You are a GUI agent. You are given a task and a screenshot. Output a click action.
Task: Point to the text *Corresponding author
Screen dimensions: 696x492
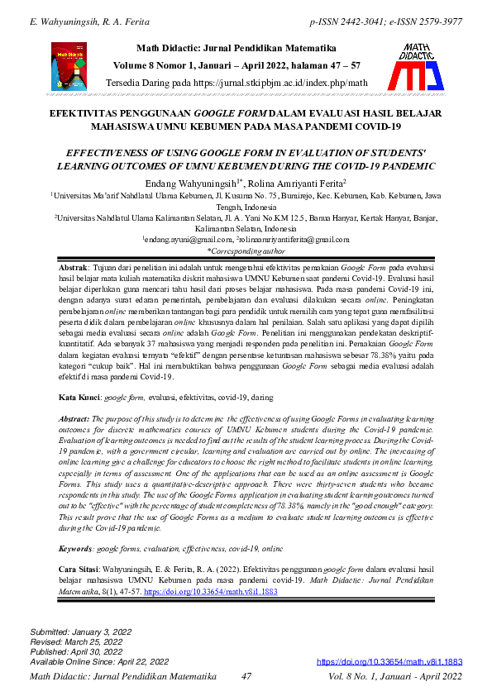point(246,250)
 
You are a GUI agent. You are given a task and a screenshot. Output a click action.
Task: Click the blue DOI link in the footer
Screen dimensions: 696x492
point(389,662)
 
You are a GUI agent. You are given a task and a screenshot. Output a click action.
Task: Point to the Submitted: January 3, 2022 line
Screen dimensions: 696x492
point(81,632)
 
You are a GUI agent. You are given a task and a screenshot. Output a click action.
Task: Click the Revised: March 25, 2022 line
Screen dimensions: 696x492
point(78,642)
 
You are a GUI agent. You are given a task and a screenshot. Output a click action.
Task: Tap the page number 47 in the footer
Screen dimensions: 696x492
point(246,676)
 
